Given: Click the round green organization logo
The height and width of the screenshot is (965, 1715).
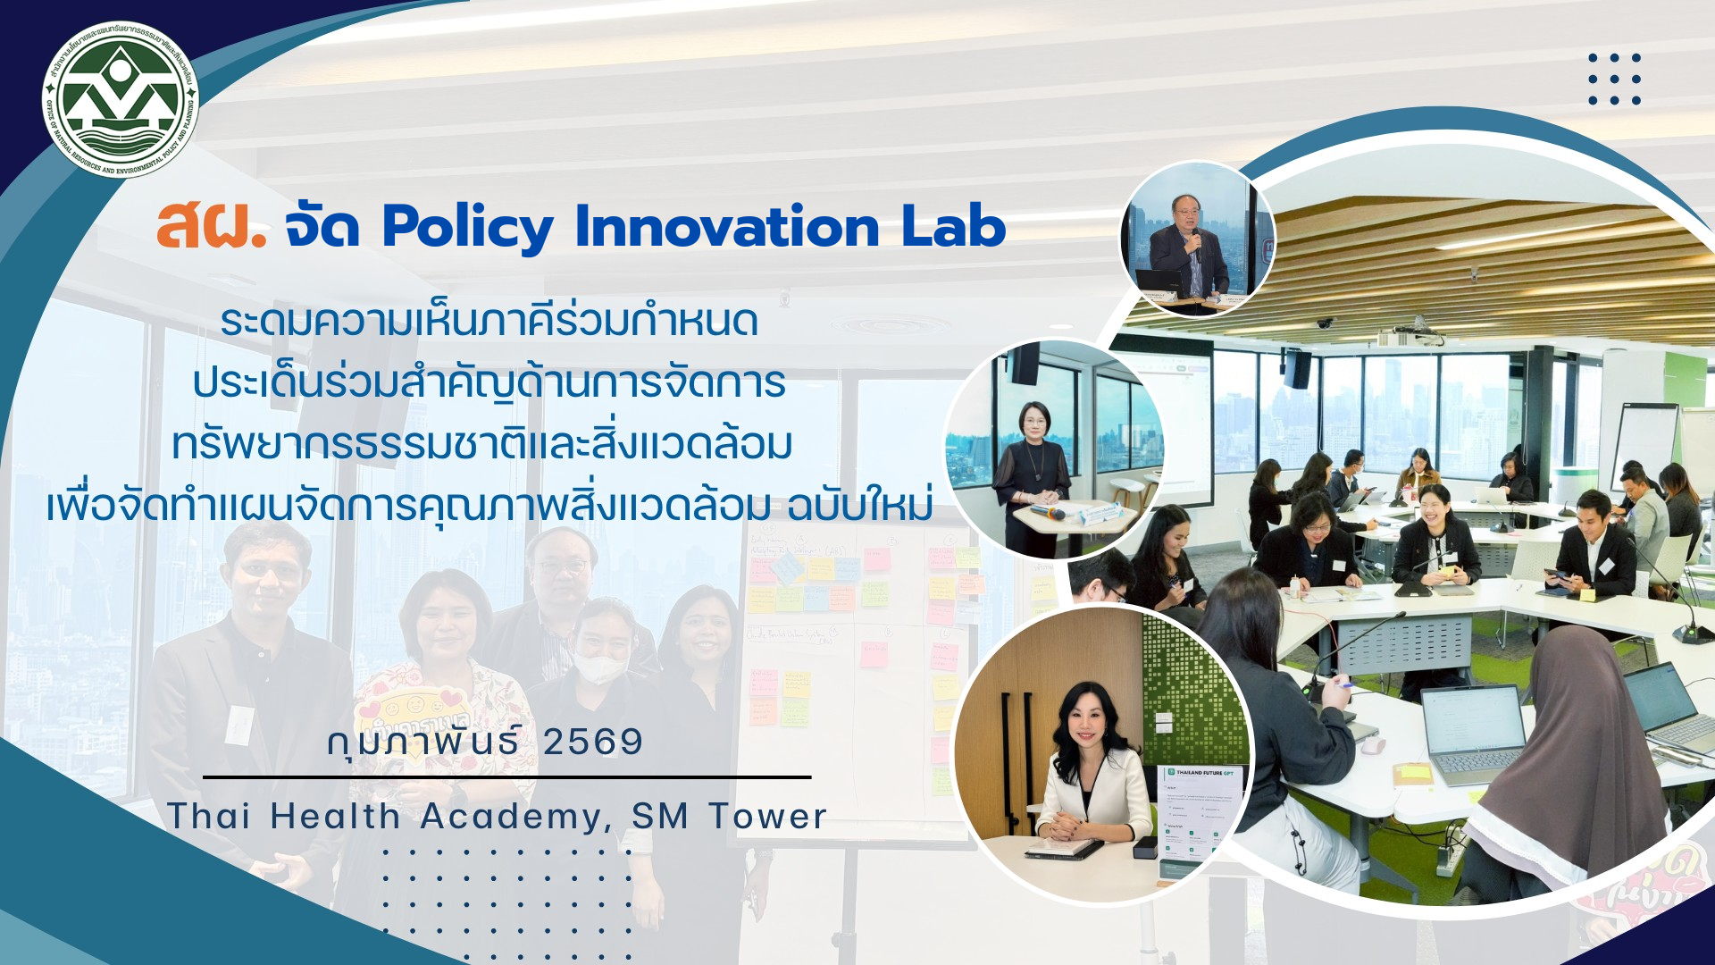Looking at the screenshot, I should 121,99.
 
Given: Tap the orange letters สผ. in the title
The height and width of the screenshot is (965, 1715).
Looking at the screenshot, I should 211,227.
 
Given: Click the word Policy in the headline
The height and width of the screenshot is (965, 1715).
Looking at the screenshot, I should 467,227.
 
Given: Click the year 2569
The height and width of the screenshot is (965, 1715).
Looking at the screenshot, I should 593,742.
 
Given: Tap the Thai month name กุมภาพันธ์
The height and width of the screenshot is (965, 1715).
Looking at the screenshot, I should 423,742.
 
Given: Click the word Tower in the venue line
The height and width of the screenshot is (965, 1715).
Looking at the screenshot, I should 768,817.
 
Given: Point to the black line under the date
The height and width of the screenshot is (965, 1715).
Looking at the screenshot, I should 506,777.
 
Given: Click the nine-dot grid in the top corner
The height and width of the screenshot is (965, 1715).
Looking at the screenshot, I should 1614,79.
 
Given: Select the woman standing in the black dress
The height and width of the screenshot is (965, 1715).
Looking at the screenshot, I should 1033,474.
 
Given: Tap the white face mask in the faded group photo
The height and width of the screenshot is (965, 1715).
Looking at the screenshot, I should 598,667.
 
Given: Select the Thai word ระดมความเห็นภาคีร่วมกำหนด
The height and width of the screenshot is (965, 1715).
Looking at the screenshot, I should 489,321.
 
